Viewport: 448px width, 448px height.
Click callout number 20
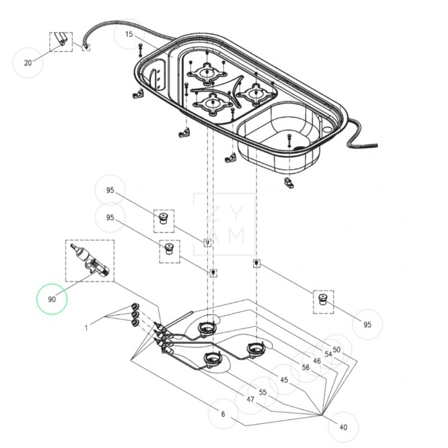point(28,63)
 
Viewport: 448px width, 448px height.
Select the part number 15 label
point(129,34)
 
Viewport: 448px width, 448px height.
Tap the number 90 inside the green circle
point(52,300)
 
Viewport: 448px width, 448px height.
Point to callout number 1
point(86,328)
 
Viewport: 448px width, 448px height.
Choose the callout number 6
point(223,414)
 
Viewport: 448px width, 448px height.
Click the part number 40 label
point(343,427)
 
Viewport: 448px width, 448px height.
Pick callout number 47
point(250,400)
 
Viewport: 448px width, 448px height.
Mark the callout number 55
point(263,393)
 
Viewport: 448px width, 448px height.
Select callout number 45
point(284,380)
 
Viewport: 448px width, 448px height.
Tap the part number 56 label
point(306,368)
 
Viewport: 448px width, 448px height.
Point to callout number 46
point(317,361)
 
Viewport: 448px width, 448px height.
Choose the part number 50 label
point(337,349)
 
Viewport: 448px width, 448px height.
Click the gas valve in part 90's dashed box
point(90,262)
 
